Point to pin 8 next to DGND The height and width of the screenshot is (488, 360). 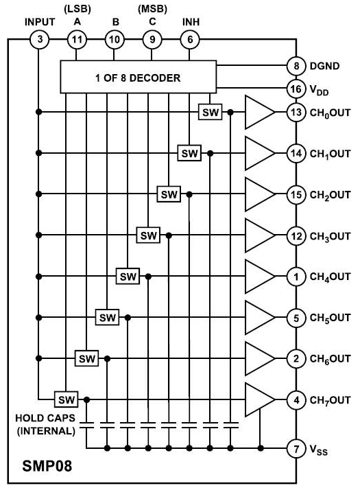(x=296, y=66)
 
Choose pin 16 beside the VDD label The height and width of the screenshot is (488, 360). (x=296, y=89)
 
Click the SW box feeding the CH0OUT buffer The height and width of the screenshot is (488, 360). (x=211, y=112)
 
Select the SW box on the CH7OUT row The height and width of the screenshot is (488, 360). (x=67, y=399)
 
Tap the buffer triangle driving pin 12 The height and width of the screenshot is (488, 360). (x=260, y=235)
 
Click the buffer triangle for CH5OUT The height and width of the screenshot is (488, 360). (x=260, y=318)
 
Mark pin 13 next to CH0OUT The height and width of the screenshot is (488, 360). (x=296, y=112)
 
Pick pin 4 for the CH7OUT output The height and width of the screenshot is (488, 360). (x=296, y=399)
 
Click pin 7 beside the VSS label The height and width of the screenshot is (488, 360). (x=296, y=448)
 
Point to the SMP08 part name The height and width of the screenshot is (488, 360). (x=47, y=466)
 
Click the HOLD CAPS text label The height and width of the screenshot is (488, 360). (x=45, y=418)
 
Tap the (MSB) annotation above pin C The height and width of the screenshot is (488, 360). (x=152, y=10)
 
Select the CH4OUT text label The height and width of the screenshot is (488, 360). (x=330, y=277)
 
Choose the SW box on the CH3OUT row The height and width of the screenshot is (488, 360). (x=148, y=235)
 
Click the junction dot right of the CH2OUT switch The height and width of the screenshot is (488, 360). (x=189, y=194)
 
